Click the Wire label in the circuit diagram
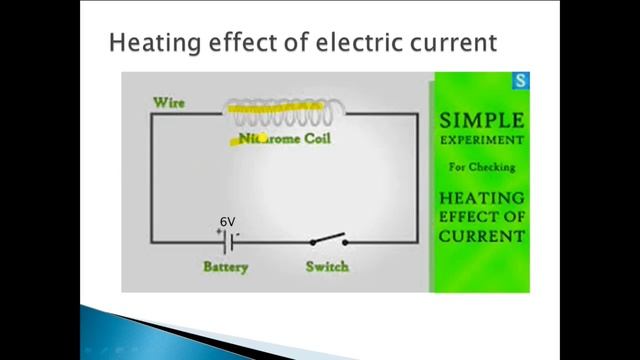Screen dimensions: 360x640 (169, 102)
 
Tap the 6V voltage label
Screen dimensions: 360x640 (228, 222)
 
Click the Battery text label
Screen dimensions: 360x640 (225, 267)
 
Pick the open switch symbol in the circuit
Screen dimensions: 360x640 (327, 240)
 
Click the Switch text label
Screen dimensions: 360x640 (327, 267)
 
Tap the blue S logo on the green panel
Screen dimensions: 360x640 (518, 81)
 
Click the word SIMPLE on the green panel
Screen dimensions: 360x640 (482, 121)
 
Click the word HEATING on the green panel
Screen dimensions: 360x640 (482, 198)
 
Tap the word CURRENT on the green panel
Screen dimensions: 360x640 (482, 237)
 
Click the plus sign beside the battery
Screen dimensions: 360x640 (216, 231)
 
